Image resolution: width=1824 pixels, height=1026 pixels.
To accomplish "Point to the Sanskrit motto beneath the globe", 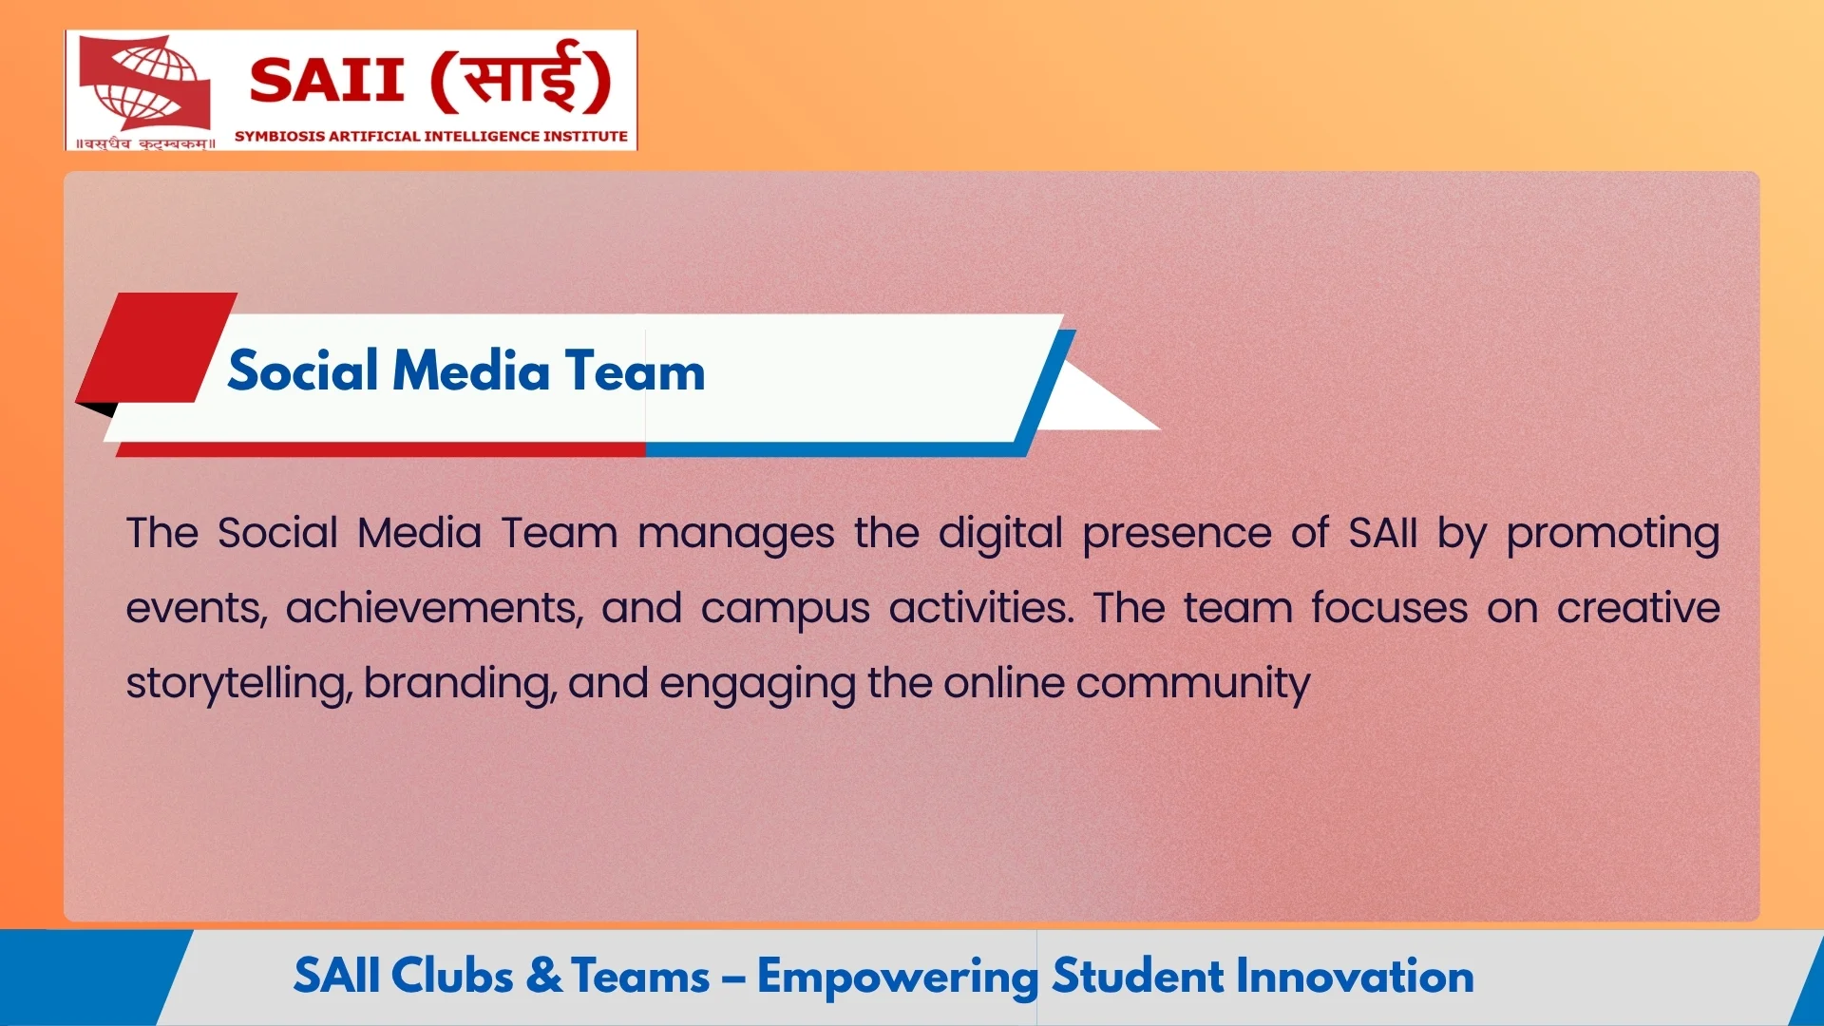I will [145, 143].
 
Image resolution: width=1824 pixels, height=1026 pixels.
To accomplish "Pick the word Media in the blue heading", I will [471, 370].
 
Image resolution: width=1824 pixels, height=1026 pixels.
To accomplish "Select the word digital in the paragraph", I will [999, 534].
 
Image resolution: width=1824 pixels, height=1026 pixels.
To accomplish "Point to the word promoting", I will [1612, 534].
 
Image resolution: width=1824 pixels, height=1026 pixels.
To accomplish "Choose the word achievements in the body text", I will [434, 608].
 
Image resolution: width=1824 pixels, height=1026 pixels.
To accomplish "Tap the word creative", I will [1638, 608].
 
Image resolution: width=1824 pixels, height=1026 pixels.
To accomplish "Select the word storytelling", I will [238, 684].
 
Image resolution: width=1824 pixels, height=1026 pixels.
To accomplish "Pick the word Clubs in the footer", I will [452, 977].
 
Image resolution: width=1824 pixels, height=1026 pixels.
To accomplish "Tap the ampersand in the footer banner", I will [543, 977].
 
